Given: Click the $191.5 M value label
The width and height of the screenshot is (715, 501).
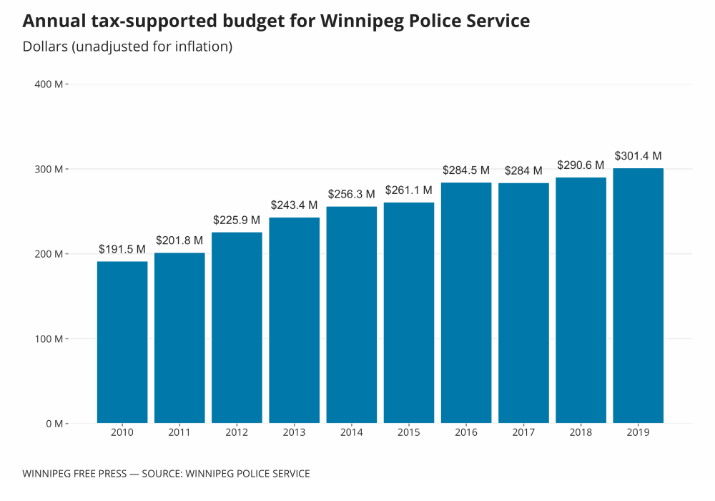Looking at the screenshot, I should (x=122, y=249).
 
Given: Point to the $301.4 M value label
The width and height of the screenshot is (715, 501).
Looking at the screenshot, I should (x=638, y=156).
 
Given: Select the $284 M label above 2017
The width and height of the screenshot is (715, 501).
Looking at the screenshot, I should (x=523, y=171).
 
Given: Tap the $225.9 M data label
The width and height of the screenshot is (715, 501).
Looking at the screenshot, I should (x=237, y=220).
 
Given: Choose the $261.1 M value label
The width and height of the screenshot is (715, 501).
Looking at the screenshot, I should (x=409, y=190).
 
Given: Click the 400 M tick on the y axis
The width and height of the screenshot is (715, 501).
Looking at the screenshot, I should (x=49, y=84).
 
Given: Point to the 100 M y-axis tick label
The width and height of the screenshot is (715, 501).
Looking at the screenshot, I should (x=49, y=339).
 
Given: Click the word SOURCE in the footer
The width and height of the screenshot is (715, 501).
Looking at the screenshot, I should (x=165, y=474).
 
